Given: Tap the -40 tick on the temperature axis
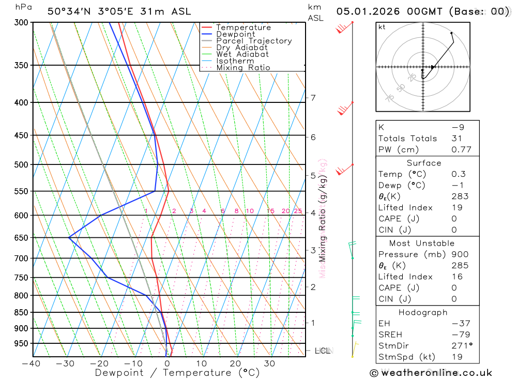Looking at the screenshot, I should pos(32,363).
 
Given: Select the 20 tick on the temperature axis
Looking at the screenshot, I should pos(235,363).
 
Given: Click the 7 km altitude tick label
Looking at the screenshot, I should pos(313,98).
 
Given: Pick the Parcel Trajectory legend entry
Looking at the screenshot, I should pos(254,41).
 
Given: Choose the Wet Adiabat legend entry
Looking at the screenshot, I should pos(242,54).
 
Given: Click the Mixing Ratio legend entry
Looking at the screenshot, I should pos(243,68).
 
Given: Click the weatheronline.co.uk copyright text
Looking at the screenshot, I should pos(431,372).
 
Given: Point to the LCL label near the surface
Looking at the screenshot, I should pos(322,351).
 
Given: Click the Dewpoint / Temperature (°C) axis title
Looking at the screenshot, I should pos(177,373).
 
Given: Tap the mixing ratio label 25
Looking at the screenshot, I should pos(298,211).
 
